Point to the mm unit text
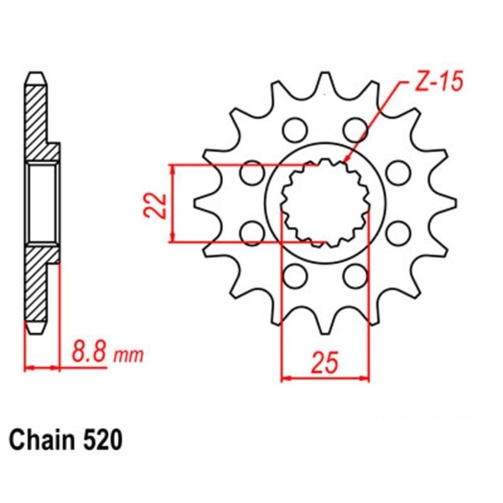pos(127,355)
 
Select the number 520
pos(105,439)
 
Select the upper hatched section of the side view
pos(39,117)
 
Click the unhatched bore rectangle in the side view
pos(43,204)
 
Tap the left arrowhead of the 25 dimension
pos(284,378)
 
